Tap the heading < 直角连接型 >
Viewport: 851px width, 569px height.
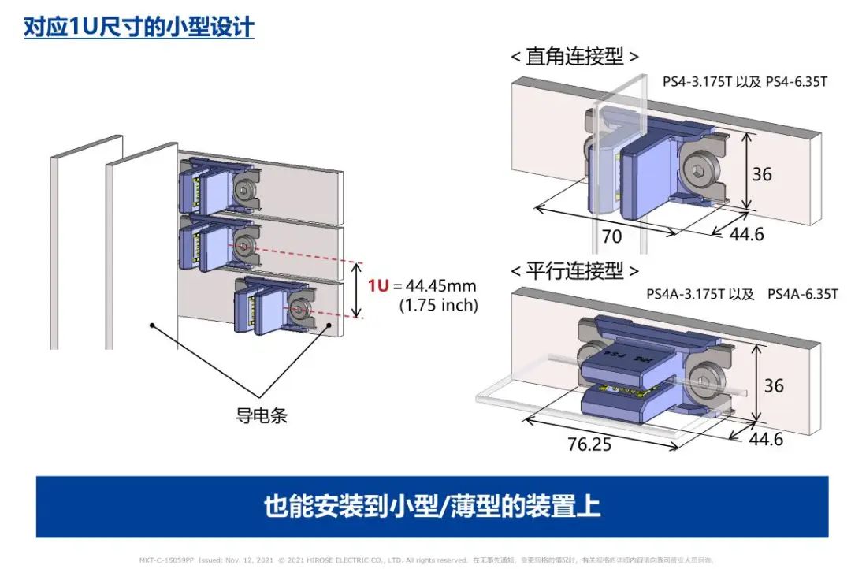pyautogui.click(x=574, y=57)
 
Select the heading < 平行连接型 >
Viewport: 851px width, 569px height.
pyautogui.click(x=574, y=271)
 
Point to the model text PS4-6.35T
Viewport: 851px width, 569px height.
pyautogui.click(x=796, y=82)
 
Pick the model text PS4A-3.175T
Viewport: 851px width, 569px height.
pyautogui.click(x=684, y=294)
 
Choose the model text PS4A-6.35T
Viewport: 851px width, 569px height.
pyautogui.click(x=802, y=294)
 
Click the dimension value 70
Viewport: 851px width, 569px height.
pyautogui.click(x=611, y=236)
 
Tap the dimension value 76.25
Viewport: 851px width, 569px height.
pyautogui.click(x=589, y=444)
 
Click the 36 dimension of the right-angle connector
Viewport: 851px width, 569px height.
pyautogui.click(x=761, y=173)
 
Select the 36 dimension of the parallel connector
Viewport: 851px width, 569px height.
pyautogui.click(x=774, y=385)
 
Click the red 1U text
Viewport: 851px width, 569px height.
pyautogui.click(x=379, y=285)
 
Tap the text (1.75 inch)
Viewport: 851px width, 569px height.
pyautogui.click(x=438, y=305)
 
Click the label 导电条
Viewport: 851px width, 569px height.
pyautogui.click(x=262, y=415)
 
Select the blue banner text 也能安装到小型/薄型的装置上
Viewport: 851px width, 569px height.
pyautogui.click(x=432, y=506)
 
